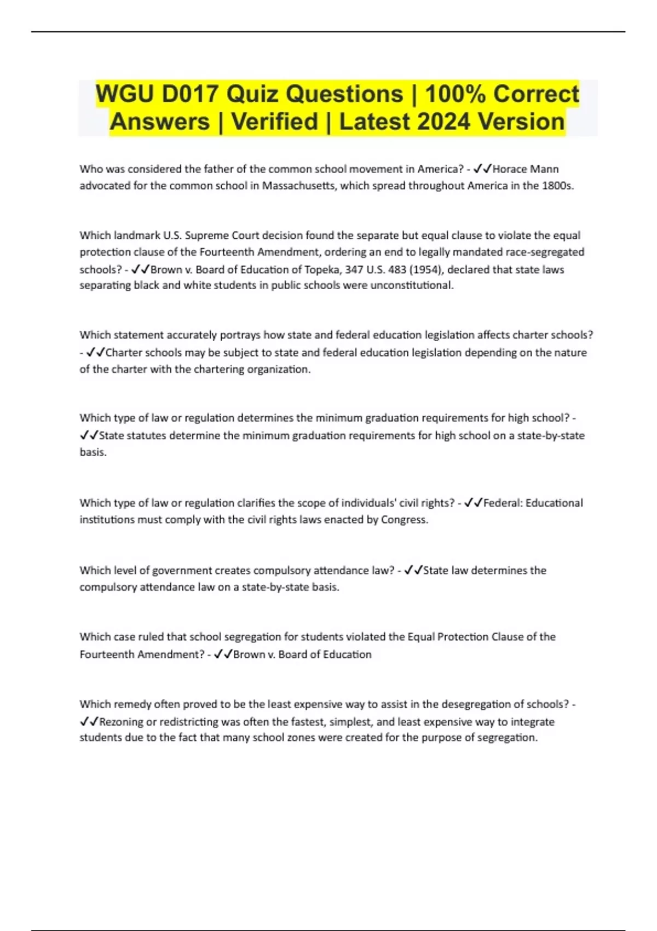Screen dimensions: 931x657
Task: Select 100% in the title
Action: click(456, 94)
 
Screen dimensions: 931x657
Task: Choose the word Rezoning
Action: click(122, 722)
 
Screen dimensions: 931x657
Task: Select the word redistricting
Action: click(194, 722)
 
